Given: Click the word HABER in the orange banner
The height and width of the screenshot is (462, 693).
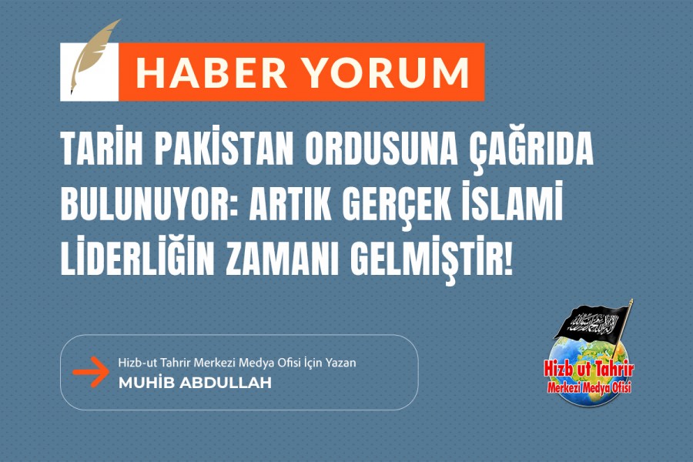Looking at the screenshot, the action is (211, 72).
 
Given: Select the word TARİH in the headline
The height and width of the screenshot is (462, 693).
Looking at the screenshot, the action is (102, 147).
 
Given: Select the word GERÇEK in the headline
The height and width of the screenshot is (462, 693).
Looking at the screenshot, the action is (397, 206).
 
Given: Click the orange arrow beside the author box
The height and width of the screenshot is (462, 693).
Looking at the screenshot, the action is (90, 372).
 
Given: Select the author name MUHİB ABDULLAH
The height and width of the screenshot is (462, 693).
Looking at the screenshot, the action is (195, 383).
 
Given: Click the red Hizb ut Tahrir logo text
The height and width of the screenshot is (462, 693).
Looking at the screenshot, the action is (589, 370).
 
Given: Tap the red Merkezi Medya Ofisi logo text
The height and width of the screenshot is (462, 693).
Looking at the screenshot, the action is (589, 387).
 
